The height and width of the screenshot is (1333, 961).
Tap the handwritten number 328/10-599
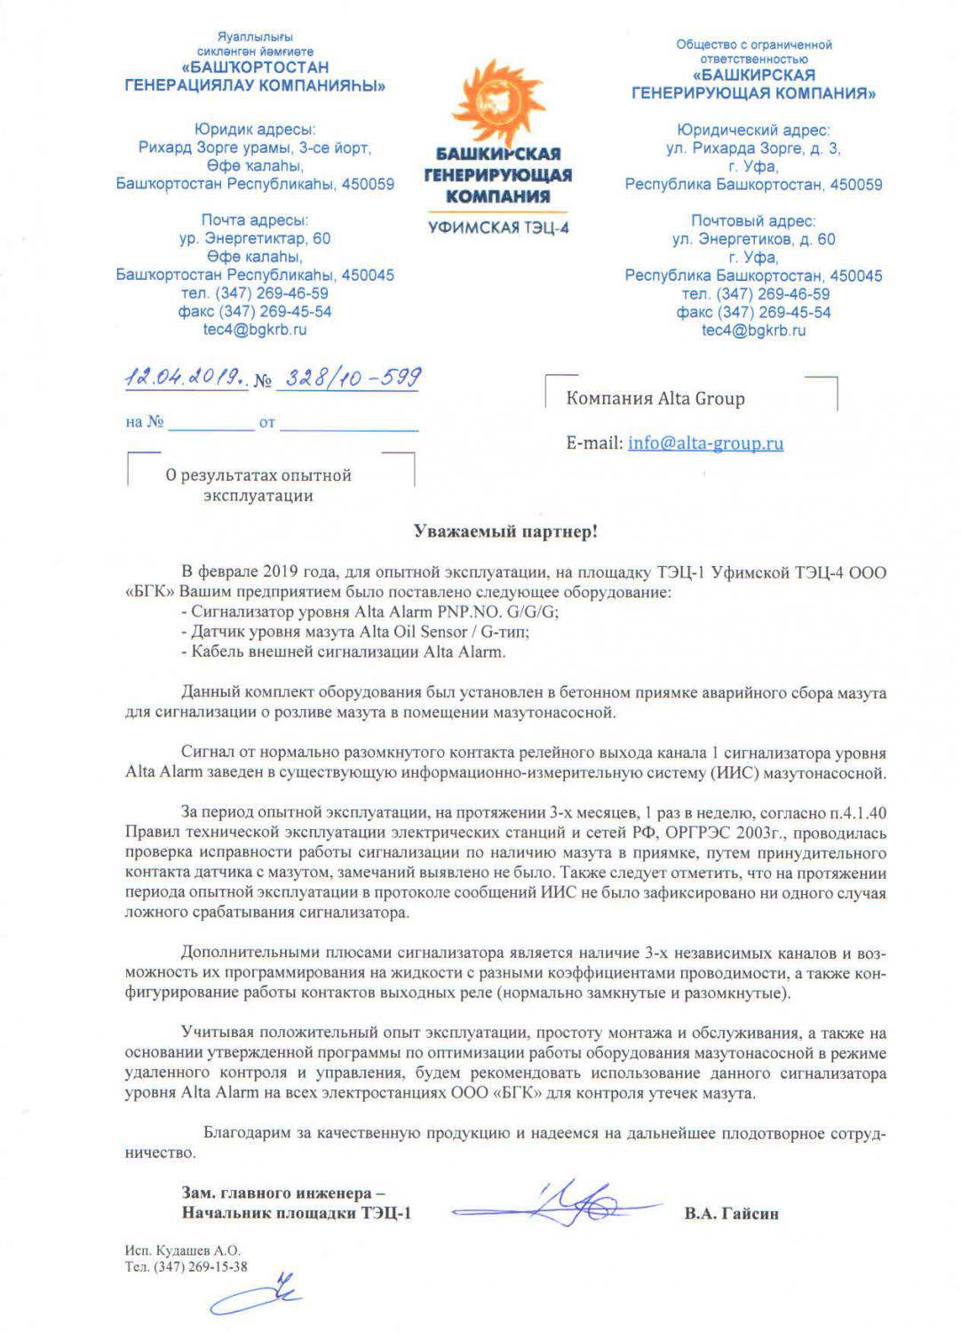tap(349, 378)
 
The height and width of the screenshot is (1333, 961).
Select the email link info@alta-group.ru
tap(705, 443)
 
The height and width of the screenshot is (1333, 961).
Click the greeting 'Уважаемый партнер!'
tap(505, 531)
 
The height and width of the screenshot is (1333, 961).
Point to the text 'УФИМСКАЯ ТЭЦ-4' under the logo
tap(498, 227)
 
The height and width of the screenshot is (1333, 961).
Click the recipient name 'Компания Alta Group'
tap(655, 398)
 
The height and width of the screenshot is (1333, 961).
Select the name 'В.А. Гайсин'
tap(731, 1213)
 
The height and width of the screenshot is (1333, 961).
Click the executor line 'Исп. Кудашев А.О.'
tap(183, 1250)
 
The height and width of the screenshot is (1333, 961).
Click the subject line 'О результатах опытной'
tap(258, 475)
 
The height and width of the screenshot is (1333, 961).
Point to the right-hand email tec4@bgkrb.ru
tap(753, 330)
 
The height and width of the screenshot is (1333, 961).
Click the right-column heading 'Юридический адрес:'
tap(753, 130)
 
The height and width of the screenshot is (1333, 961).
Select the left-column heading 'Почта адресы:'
tap(255, 220)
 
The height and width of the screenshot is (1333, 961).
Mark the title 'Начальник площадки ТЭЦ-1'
tap(297, 1213)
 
